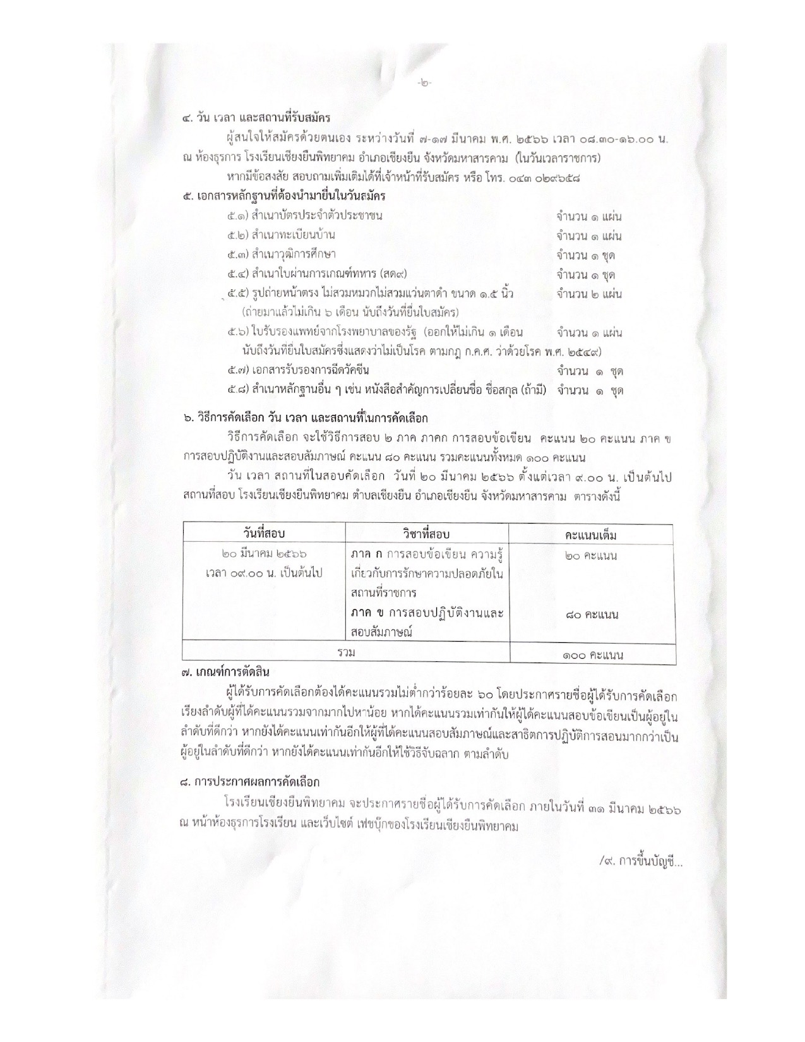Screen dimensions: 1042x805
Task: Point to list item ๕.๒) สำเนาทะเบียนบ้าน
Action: pos(282,236)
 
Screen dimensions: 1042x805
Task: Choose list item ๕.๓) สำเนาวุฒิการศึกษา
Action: pos(282,255)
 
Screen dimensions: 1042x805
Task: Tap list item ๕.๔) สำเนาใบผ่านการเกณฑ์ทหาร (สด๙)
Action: pos(317,275)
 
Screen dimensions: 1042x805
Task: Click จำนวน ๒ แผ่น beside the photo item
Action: pos(589,294)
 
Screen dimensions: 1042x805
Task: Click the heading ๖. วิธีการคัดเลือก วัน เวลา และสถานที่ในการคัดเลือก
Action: pos(304,418)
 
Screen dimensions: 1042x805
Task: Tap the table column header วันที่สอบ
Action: pos(264,534)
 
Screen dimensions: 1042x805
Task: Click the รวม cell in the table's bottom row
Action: pos(346,652)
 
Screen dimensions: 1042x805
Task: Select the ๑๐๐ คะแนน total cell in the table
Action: pos(592,654)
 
